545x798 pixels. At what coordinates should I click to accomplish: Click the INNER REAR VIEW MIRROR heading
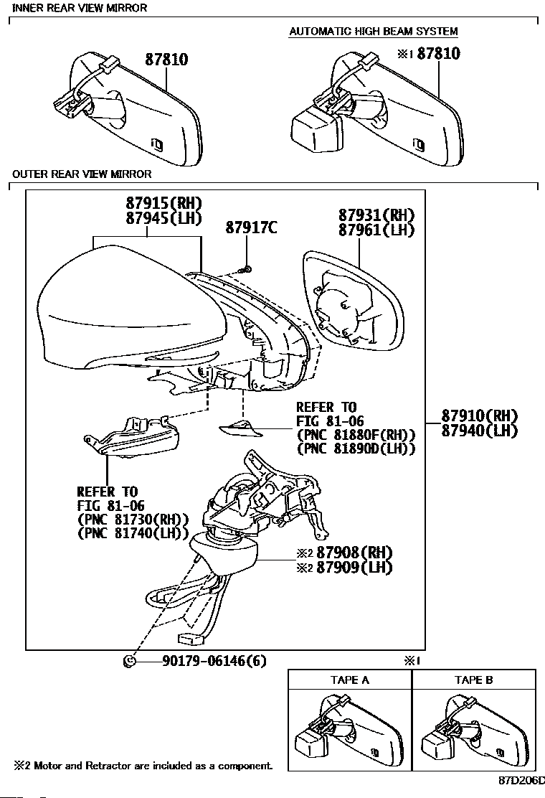click(x=80, y=8)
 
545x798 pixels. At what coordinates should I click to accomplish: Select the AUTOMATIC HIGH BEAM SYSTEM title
click(x=373, y=32)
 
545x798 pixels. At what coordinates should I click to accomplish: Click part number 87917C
click(x=251, y=228)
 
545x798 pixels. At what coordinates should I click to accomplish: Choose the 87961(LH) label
click(x=376, y=230)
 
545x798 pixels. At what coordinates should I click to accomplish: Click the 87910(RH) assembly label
click(x=479, y=416)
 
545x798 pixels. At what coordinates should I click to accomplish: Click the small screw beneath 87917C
click(x=247, y=269)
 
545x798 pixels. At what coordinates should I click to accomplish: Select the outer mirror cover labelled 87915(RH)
click(x=115, y=309)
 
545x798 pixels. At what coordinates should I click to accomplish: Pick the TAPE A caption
click(x=350, y=680)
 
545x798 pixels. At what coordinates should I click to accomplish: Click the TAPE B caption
click(x=473, y=680)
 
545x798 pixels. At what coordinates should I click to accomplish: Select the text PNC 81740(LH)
click(x=133, y=534)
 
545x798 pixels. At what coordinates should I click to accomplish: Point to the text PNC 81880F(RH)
click(x=356, y=435)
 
